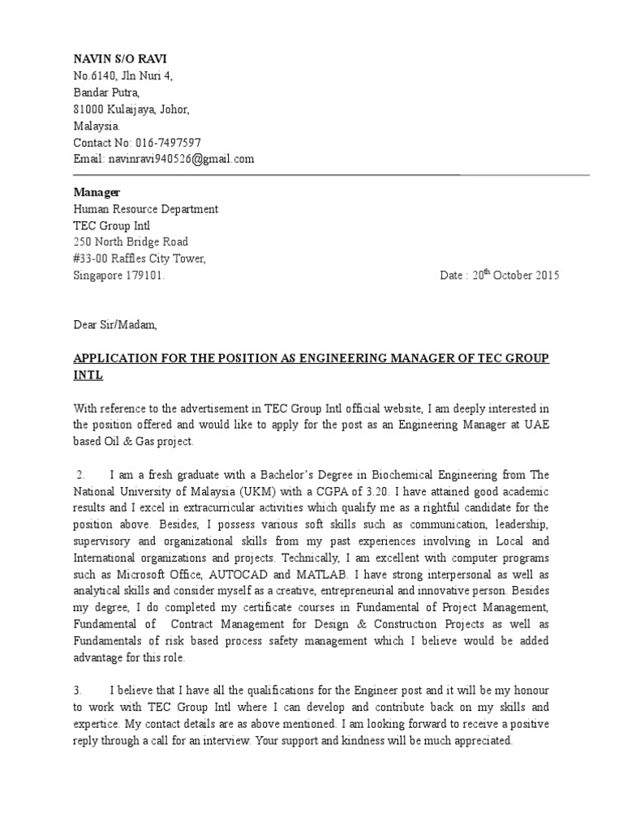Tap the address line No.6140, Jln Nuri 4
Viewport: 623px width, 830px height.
[x=123, y=76]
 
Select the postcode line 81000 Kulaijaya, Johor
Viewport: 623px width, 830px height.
[x=131, y=109]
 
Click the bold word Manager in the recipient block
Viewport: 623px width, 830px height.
[x=97, y=192]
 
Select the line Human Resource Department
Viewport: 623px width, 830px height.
[x=146, y=209]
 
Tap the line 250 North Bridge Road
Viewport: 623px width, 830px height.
[x=131, y=242]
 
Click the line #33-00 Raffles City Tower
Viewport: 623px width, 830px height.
[x=140, y=259]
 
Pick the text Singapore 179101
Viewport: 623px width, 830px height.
[x=119, y=276]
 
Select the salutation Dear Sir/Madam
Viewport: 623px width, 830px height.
[x=113, y=325]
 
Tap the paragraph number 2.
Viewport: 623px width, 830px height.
[x=80, y=474]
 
